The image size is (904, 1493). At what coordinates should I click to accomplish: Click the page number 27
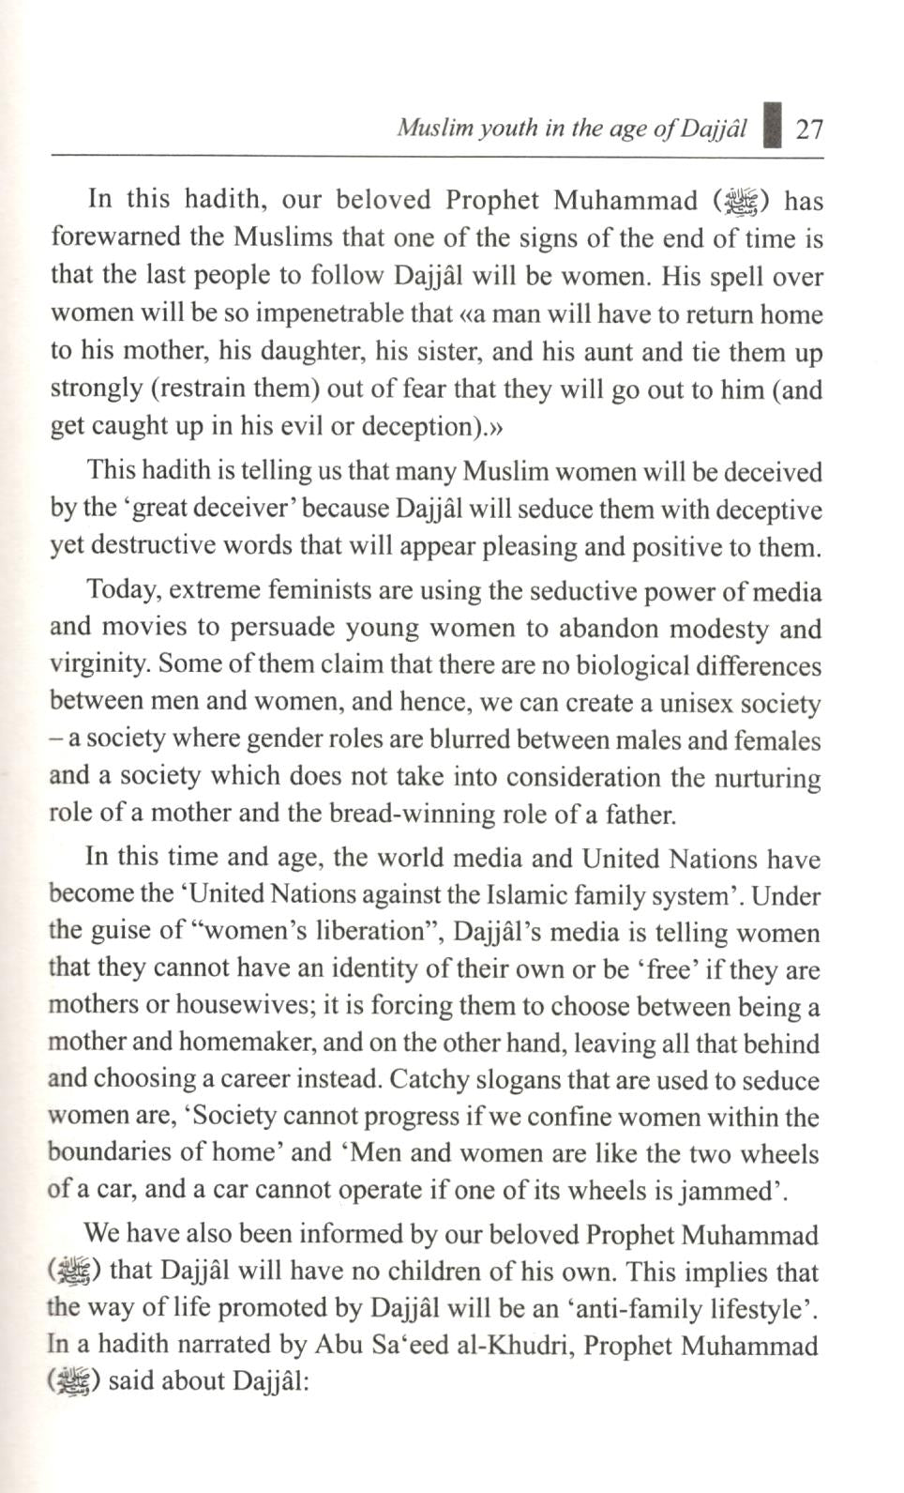tap(808, 129)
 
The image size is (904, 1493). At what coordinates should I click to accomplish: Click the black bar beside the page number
tap(772, 126)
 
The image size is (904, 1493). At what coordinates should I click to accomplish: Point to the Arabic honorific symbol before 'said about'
tap(71, 1381)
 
